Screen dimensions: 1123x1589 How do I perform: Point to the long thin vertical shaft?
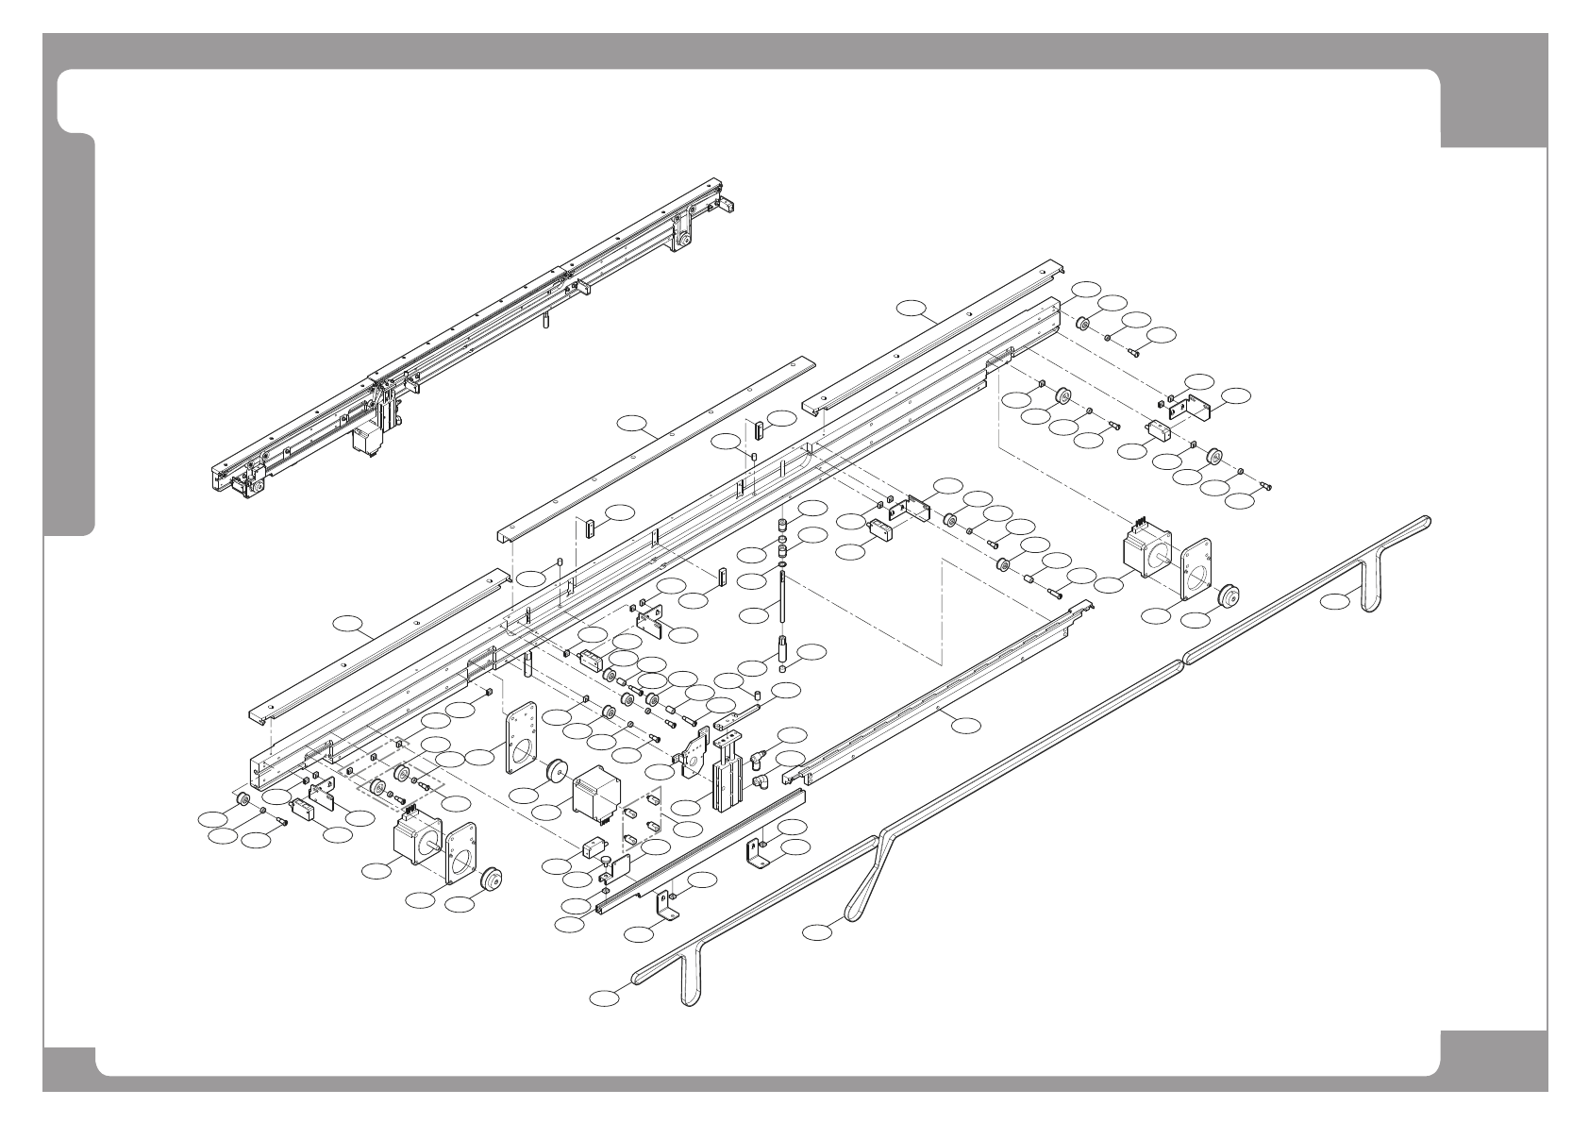784,603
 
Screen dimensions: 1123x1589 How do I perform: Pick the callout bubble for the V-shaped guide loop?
818,932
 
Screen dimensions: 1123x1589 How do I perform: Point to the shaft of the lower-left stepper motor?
436,842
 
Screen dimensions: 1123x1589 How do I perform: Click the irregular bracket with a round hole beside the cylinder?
694,752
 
